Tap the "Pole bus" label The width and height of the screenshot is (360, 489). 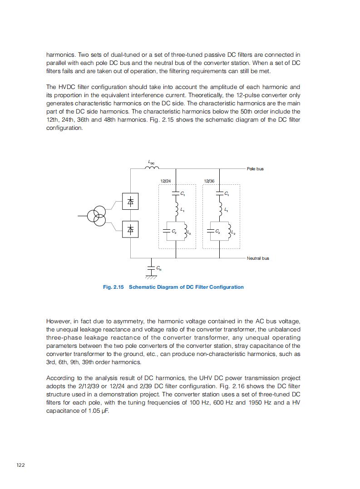(x=255, y=169)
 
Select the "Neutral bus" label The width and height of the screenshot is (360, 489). (x=258, y=258)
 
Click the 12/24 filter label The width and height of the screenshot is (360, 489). (x=166, y=181)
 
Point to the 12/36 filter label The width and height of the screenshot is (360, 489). (x=209, y=181)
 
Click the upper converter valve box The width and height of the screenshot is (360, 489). (x=130, y=201)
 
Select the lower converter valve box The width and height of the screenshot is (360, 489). (x=130, y=229)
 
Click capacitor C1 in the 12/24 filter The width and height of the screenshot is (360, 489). (x=175, y=194)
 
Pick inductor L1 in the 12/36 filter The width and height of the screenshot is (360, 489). (x=220, y=209)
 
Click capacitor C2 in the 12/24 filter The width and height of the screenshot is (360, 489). (x=167, y=231)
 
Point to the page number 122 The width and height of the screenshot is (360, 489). (x=20, y=465)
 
